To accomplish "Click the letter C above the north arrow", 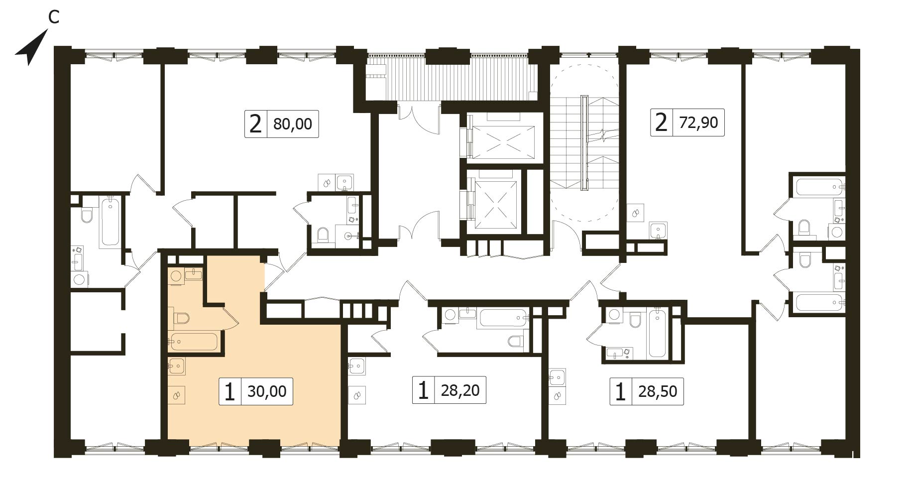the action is (54, 17).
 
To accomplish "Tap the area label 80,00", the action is (293, 123).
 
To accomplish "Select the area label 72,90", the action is (698, 122).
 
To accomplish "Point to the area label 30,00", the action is (267, 391).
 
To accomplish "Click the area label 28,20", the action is (460, 390).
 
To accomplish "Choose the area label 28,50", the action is (658, 391).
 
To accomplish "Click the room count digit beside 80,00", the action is (255, 123).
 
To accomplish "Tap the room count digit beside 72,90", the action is (661, 122).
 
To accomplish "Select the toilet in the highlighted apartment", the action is (182, 318).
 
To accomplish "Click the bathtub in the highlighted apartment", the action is (193, 342).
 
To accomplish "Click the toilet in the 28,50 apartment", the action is (635, 320).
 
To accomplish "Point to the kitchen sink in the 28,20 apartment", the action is (357, 367).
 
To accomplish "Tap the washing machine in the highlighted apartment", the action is (176, 276).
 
